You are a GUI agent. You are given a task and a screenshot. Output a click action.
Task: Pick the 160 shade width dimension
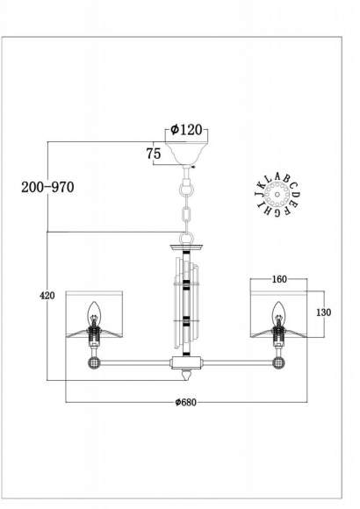[x=279, y=279]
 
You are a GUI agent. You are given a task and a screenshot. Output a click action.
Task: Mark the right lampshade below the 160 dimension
[x=279, y=316]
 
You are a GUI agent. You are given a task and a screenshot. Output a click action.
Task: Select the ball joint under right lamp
[x=279, y=361]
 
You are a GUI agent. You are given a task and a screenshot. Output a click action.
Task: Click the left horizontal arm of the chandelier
[x=132, y=362]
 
